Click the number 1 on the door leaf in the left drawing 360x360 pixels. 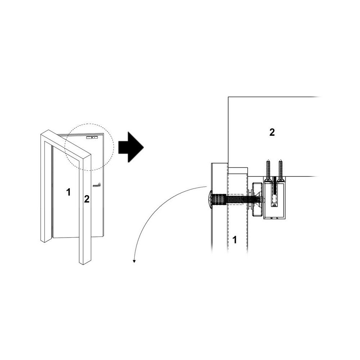[68, 192]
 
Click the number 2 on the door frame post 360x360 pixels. [86, 199]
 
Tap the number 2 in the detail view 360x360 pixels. [272, 132]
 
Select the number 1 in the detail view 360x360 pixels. [234, 240]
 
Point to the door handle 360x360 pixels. [96, 185]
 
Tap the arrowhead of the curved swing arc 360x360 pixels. [134, 261]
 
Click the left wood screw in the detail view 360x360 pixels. [268, 170]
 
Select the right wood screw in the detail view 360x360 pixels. [280, 170]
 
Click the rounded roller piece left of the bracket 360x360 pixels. [257, 199]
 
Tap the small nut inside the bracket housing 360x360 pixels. [274, 205]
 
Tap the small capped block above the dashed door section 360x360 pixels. [238, 171]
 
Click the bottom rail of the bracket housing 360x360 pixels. [275, 218]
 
